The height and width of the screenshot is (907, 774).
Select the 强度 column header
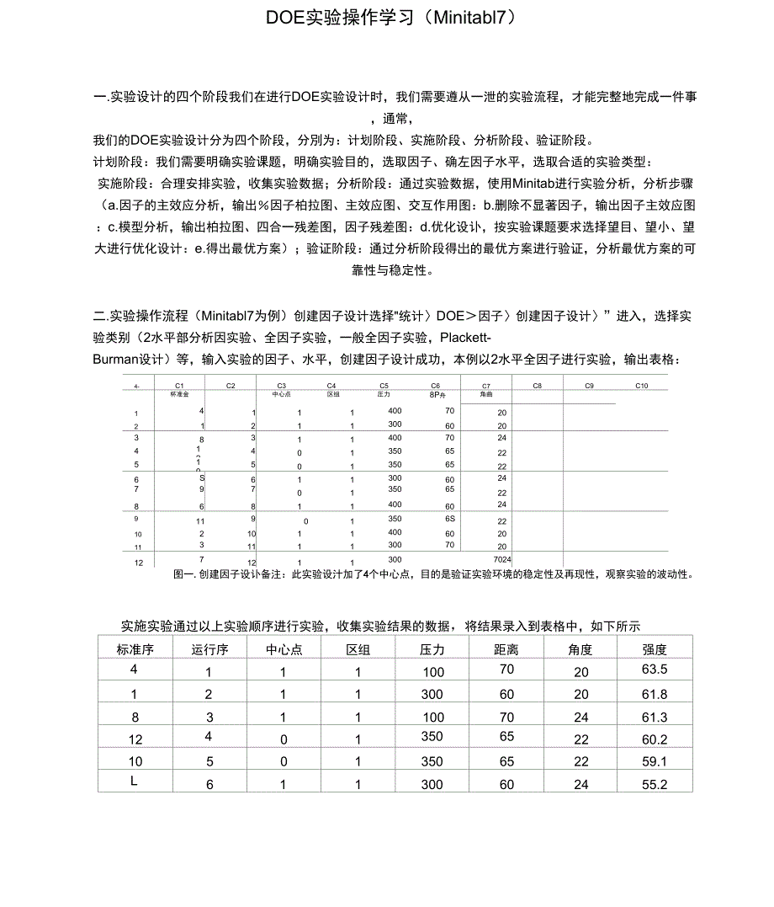(x=655, y=648)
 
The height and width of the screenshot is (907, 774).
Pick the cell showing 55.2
(x=655, y=783)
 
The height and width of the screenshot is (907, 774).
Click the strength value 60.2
(x=655, y=739)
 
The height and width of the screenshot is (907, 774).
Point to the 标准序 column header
(x=135, y=648)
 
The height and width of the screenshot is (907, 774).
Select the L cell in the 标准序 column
(x=134, y=782)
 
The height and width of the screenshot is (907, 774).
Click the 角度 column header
(x=580, y=648)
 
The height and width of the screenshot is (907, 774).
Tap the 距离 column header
(x=506, y=648)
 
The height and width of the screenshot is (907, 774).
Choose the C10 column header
(x=641, y=385)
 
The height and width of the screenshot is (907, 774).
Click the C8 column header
(x=536, y=385)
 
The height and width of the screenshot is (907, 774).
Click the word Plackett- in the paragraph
(x=465, y=339)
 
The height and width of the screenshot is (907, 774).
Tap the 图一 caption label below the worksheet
(x=183, y=574)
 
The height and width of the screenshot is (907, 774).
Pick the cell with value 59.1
(x=655, y=761)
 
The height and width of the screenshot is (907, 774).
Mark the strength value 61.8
(x=655, y=694)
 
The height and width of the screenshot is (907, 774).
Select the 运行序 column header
(x=210, y=648)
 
